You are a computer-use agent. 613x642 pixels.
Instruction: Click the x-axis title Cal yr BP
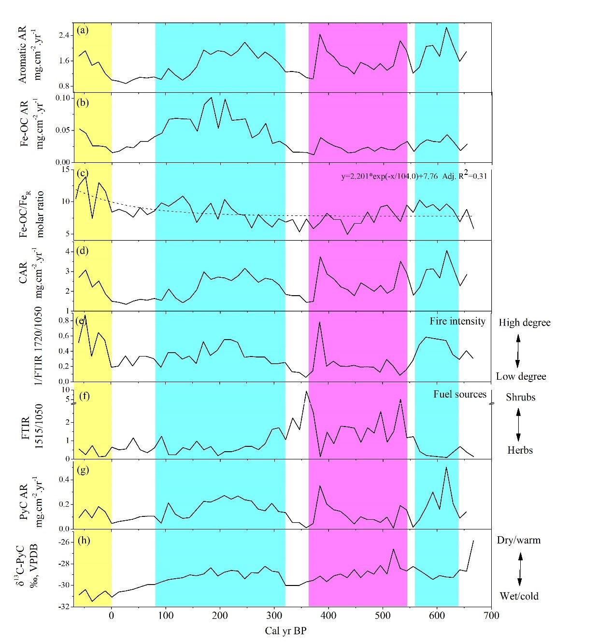coord(285,631)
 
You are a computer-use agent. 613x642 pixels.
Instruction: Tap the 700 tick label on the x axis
coord(491,615)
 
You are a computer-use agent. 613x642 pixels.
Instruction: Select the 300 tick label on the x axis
coord(274,615)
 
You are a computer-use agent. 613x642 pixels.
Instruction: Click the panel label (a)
coord(83,30)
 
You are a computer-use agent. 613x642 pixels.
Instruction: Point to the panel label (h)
coord(84,540)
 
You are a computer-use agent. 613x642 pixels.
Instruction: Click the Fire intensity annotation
coord(457,321)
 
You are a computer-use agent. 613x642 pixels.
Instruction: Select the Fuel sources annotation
coord(459,394)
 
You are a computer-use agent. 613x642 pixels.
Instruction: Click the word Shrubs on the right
coord(521,397)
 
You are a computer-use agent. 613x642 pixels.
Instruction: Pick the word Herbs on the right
coord(520,450)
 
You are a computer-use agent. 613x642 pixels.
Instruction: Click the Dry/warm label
coord(519,540)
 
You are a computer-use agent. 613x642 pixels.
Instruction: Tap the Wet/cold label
coord(519,596)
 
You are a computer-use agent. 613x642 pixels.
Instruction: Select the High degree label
coord(525,323)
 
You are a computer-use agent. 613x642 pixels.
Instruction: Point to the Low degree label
coord(521,376)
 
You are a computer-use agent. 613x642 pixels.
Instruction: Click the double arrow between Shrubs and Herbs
coord(518,424)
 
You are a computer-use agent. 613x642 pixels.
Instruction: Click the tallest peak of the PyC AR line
coord(446,467)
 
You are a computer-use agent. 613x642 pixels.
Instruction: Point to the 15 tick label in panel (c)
coord(66,170)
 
